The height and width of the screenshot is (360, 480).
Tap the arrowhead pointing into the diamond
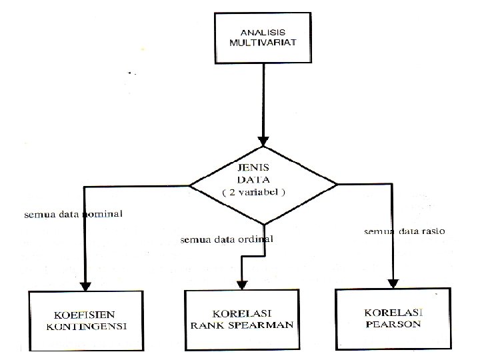(x=263, y=141)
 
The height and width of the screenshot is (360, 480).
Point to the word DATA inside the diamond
(x=263, y=179)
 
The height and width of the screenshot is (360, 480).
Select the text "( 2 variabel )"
(x=263, y=192)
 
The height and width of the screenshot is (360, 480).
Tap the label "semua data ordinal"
(x=227, y=239)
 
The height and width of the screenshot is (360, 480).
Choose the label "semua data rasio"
(x=404, y=231)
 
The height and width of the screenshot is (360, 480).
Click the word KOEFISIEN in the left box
(x=87, y=315)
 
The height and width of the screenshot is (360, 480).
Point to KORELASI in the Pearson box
(x=394, y=312)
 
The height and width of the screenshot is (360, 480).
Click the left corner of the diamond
(x=191, y=185)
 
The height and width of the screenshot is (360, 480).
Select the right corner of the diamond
(x=338, y=184)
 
